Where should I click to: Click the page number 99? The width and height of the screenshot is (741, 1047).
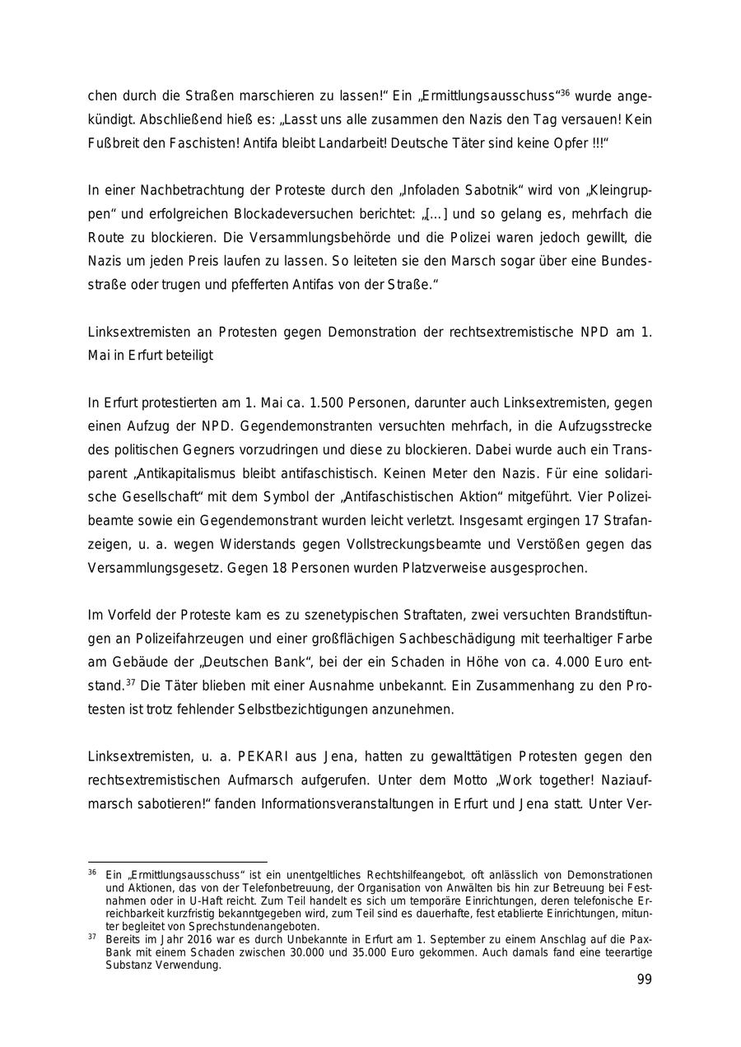click(644, 980)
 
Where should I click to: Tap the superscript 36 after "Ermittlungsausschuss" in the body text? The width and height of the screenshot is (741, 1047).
click(565, 92)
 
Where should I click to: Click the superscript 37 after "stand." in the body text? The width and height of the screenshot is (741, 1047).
click(130, 682)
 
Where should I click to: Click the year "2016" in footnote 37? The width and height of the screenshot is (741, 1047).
click(199, 938)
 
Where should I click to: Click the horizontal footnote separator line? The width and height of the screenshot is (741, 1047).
click(177, 862)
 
